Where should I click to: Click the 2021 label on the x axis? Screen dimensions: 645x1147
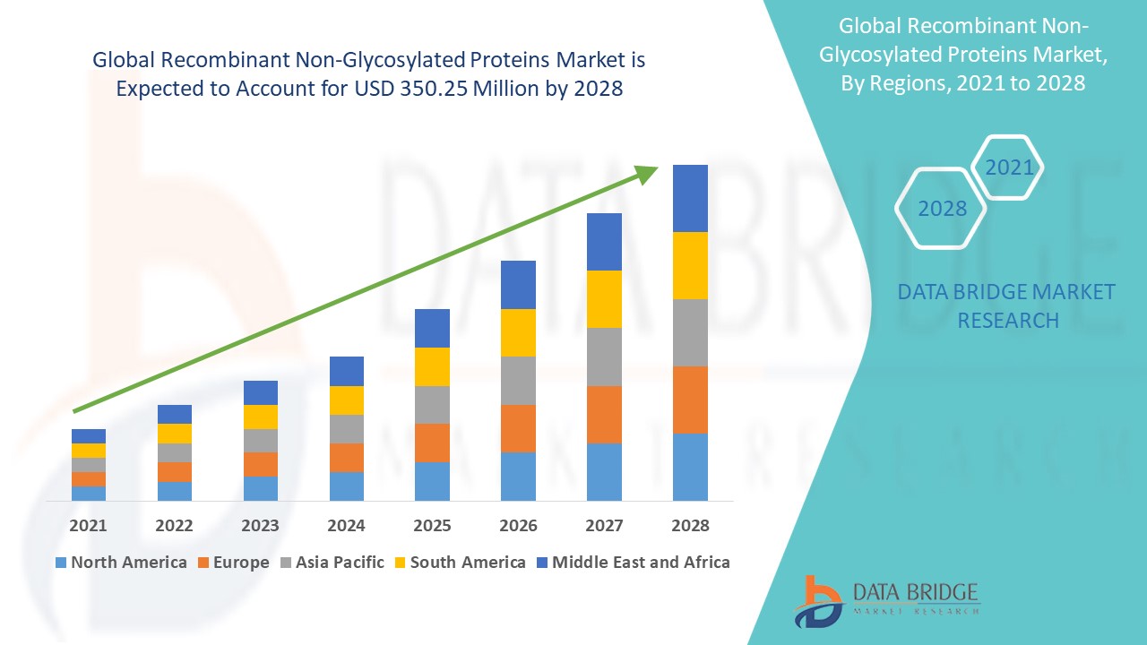pyautogui.click(x=88, y=525)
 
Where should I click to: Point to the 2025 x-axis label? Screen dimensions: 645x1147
pyautogui.click(x=432, y=525)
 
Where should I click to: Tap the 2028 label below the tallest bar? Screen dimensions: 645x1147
pyautogui.click(x=690, y=525)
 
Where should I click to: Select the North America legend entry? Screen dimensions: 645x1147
pyautogui.click(x=121, y=563)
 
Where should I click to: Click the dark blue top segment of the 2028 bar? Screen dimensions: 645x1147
pyautogui.click(x=690, y=198)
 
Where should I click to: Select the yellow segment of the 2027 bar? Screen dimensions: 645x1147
pyautogui.click(x=604, y=298)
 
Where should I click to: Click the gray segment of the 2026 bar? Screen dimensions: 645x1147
pyautogui.click(x=518, y=381)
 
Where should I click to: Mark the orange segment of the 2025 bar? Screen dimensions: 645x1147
pyautogui.click(x=432, y=443)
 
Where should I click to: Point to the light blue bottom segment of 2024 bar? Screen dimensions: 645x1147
pyautogui.click(x=346, y=486)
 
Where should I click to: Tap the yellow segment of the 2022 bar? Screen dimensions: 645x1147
pyautogui.click(x=174, y=434)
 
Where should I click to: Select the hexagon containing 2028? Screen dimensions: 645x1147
pyautogui.click(x=941, y=208)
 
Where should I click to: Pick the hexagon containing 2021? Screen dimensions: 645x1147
pyautogui.click(x=1009, y=168)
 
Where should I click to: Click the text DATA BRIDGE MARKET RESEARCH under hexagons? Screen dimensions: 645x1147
pyautogui.click(x=1007, y=305)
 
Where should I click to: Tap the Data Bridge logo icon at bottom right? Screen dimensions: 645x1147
pyautogui.click(x=818, y=600)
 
